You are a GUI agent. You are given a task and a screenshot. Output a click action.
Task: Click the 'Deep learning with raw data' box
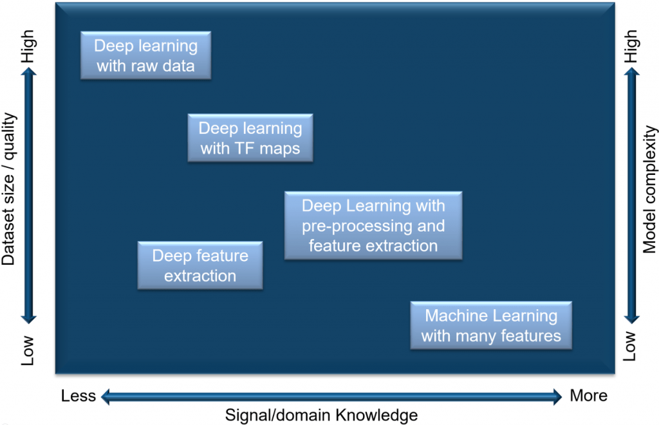[145, 56]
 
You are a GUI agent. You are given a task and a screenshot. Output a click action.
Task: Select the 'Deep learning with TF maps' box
[250, 138]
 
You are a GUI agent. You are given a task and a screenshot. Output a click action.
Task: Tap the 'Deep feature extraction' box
[200, 266]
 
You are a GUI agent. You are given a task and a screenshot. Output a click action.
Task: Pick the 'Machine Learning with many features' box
[491, 325]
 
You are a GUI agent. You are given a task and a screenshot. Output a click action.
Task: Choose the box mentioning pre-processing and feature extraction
[373, 226]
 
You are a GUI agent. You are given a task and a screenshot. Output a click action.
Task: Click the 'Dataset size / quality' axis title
[9, 190]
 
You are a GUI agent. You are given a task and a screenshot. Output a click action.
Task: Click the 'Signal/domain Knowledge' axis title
[321, 415]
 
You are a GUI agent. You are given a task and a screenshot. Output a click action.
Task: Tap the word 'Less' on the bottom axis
[79, 395]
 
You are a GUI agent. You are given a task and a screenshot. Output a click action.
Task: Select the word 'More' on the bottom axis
[588, 395]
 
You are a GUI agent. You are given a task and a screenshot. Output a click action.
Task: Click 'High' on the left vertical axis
[28, 47]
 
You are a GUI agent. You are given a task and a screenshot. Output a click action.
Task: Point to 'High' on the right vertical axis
[631, 47]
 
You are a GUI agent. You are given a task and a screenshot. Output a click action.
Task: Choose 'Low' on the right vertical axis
[631, 347]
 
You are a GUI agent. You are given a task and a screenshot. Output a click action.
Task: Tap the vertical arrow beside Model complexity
[631, 196]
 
